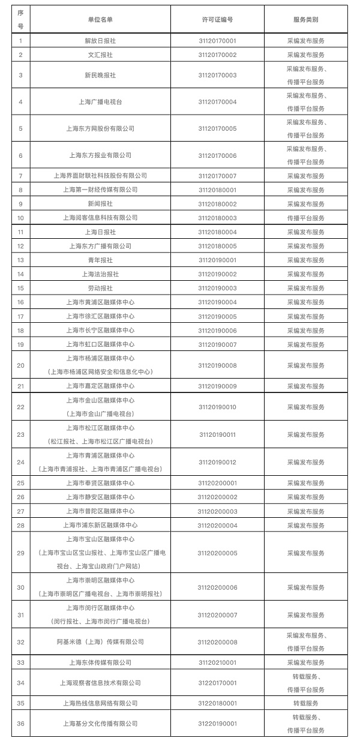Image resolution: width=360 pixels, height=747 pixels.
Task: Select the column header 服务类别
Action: [305, 19]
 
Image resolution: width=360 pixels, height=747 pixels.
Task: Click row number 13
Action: [21, 260]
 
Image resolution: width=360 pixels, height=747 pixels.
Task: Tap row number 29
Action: [21, 553]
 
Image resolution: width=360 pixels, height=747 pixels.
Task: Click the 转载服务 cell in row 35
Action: [305, 703]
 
